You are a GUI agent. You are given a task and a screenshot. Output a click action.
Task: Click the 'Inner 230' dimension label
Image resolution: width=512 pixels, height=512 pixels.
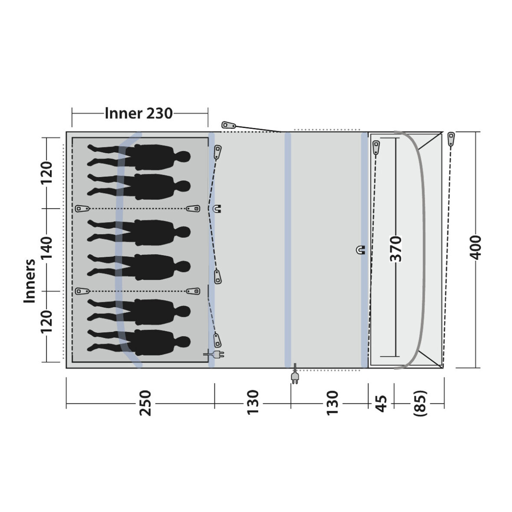click(x=138, y=114)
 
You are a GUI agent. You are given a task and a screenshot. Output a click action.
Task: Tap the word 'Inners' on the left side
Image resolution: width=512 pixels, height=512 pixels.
click(x=30, y=281)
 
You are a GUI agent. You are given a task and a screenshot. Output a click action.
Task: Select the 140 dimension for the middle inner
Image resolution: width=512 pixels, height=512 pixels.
click(x=46, y=248)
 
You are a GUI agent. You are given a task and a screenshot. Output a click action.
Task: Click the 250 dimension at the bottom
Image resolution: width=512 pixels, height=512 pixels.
click(x=145, y=403)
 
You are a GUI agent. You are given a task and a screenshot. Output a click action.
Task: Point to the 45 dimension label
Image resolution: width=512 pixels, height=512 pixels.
click(x=381, y=404)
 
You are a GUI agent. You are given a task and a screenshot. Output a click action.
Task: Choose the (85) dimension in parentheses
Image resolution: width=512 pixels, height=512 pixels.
click(x=420, y=403)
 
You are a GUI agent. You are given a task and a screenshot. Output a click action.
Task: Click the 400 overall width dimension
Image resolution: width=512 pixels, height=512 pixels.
click(x=476, y=247)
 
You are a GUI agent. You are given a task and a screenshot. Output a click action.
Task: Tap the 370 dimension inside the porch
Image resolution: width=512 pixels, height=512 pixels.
click(x=396, y=249)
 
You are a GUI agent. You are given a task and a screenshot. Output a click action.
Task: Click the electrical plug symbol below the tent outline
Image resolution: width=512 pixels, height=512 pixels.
click(x=295, y=374)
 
